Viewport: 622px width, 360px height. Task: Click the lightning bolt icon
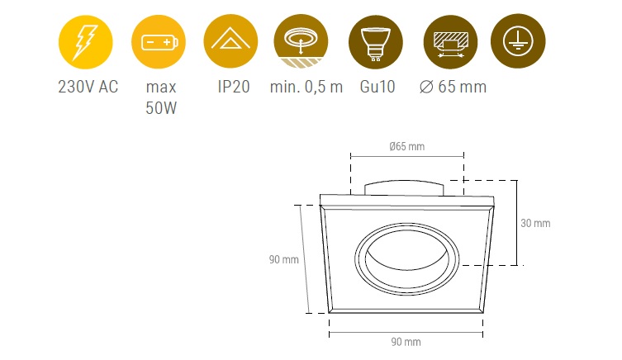point(85,41)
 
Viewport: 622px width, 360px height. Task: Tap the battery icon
point(159,41)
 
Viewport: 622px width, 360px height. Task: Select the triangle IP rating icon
point(230,41)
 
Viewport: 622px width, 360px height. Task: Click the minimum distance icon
point(301,41)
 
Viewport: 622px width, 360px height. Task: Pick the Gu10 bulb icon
point(376,41)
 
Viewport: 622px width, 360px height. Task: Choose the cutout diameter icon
point(450,41)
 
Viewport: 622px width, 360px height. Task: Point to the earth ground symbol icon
point(518,41)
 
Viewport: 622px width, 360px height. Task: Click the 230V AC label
point(88,87)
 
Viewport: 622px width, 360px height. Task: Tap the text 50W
point(161,108)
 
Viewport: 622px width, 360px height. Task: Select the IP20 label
point(234,87)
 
